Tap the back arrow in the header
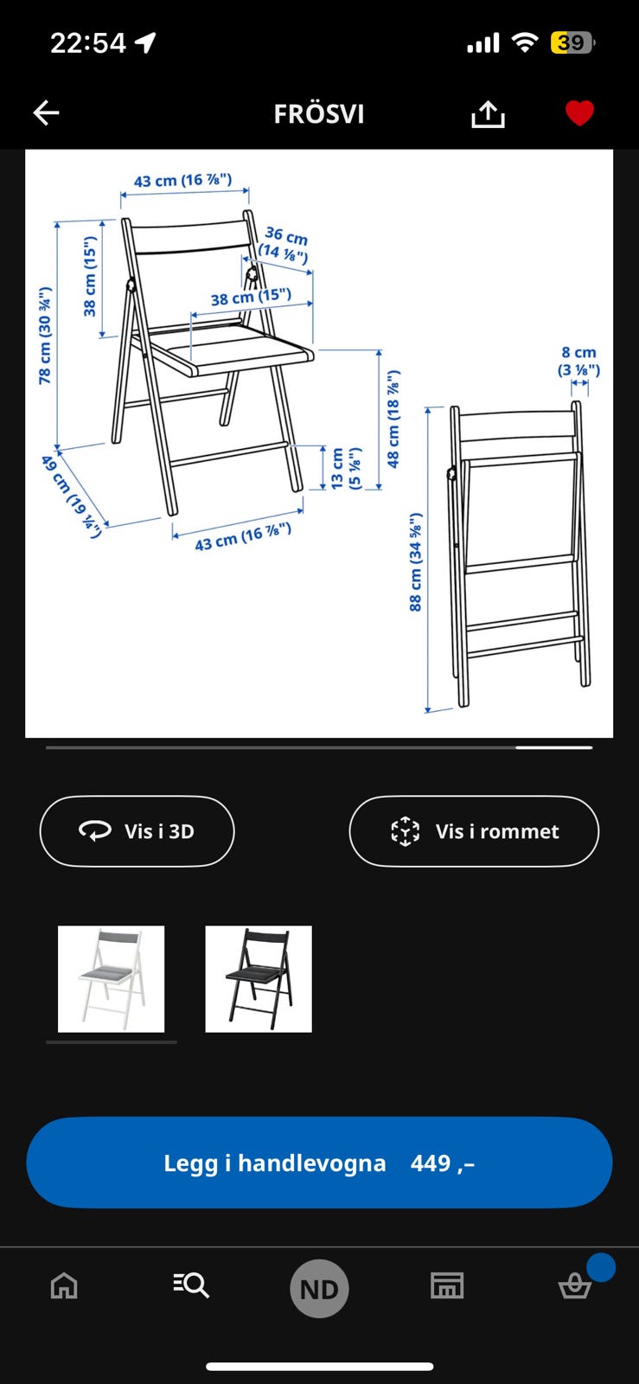point(46,112)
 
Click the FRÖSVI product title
point(319,114)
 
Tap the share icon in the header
point(488,113)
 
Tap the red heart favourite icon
point(579,113)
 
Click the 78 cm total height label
point(45,336)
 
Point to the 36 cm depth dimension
point(285,244)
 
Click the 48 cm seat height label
point(393,420)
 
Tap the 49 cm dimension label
point(72,496)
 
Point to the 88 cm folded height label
point(416,562)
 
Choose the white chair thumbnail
point(111,978)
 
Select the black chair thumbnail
point(259,978)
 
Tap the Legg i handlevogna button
point(319,1163)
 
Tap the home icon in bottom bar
point(64,1286)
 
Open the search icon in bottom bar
point(191,1285)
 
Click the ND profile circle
point(319,1289)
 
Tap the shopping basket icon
point(574,1286)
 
